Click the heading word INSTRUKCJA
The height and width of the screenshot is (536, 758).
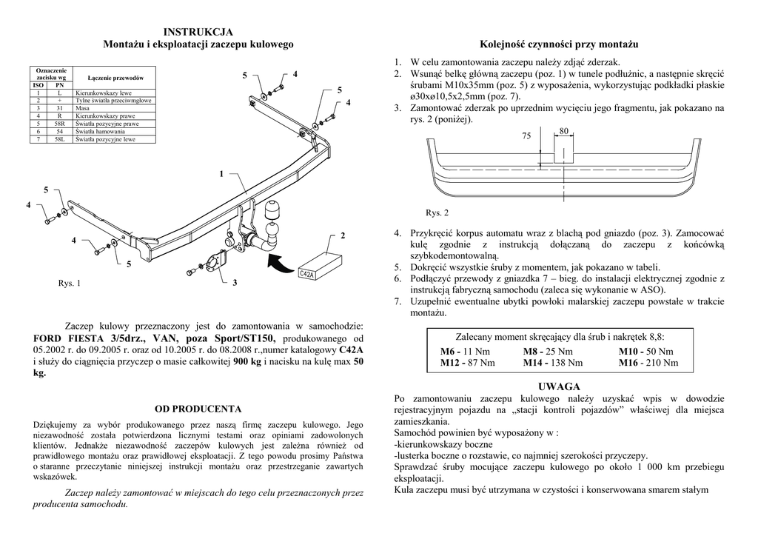(x=198, y=32)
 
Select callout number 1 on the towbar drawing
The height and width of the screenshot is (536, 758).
(x=221, y=173)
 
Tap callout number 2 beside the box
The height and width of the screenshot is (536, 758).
(x=343, y=235)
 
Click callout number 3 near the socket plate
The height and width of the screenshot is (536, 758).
(x=235, y=283)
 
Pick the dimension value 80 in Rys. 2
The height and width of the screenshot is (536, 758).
(x=564, y=131)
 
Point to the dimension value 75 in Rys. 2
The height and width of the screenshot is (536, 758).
(x=526, y=136)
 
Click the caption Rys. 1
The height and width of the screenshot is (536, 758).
(x=70, y=284)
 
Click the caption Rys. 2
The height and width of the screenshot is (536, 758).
(x=437, y=213)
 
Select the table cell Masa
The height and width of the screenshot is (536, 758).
(x=82, y=108)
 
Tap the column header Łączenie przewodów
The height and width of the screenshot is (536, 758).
(x=115, y=78)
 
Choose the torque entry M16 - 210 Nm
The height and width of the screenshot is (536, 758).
(x=648, y=363)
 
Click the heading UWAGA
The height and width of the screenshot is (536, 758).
(x=560, y=386)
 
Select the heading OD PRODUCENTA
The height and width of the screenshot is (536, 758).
(x=198, y=408)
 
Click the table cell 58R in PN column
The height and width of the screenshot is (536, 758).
(x=59, y=124)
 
